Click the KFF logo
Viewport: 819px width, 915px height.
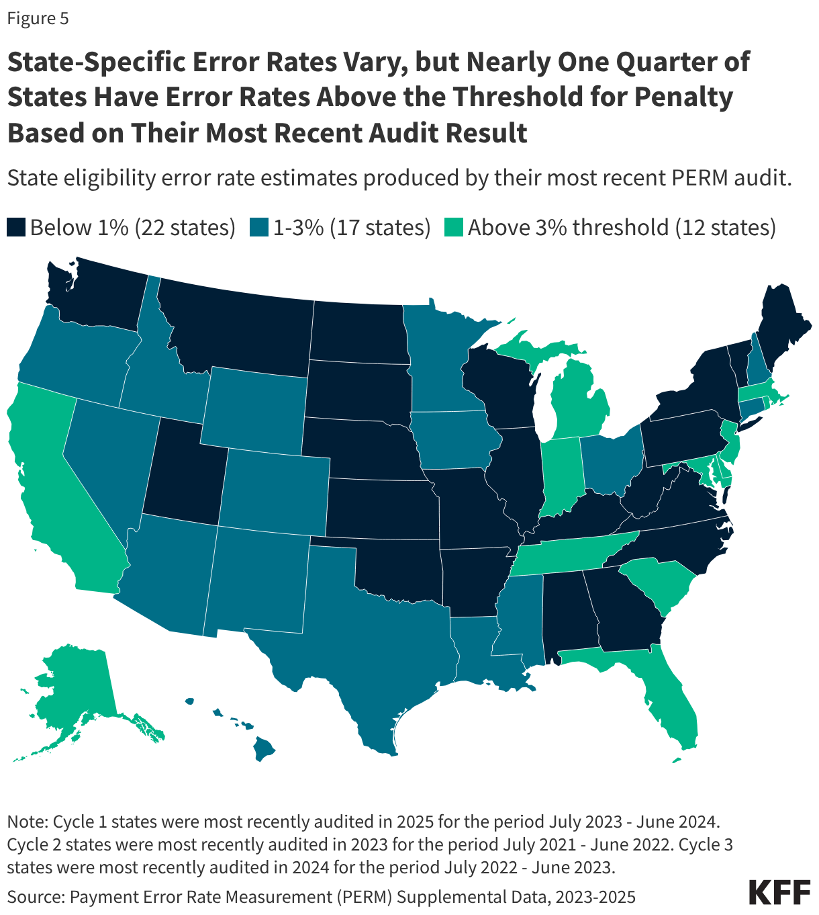[779, 891]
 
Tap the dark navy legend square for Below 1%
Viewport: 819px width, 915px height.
[16, 228]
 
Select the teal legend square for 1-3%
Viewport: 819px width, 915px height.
[259, 228]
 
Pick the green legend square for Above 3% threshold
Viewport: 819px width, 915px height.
[454, 228]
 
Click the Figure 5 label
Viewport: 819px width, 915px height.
[38, 19]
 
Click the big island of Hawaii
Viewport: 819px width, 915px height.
[264, 747]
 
